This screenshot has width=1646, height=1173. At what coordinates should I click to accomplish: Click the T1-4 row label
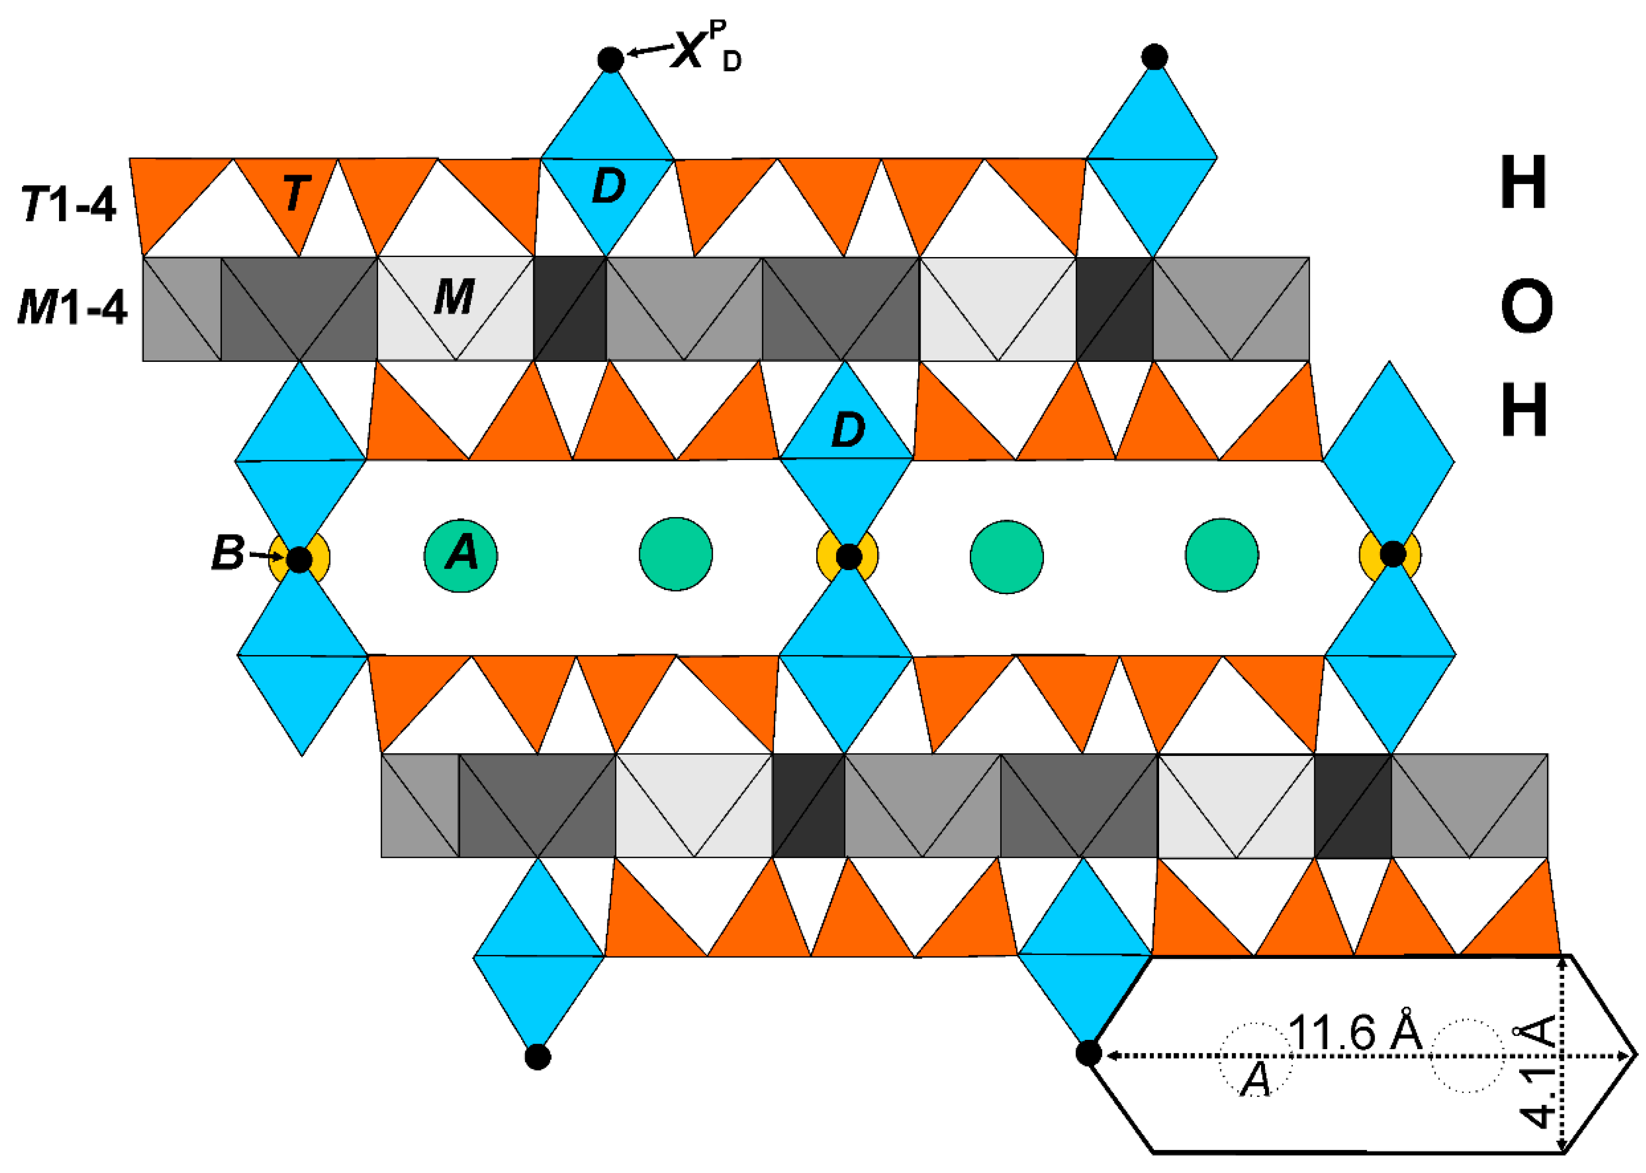point(69,204)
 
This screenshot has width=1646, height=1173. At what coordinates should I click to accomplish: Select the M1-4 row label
point(72,307)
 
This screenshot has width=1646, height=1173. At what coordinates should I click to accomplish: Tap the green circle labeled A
point(461,556)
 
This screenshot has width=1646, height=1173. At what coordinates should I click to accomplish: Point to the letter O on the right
point(1526,307)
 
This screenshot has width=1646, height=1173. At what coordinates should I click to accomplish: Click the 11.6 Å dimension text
point(1354,1032)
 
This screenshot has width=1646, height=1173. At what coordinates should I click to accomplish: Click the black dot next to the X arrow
point(610,59)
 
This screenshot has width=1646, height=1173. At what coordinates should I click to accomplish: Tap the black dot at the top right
point(1154,57)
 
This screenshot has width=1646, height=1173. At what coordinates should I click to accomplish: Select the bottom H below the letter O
point(1524,410)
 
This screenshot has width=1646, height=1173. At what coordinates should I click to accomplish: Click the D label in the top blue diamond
point(608,186)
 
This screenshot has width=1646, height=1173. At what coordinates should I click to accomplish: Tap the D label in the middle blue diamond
point(848,431)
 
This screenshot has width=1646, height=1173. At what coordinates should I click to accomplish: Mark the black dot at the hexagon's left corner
point(1088,1053)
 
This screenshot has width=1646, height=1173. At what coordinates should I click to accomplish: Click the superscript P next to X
point(717,30)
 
